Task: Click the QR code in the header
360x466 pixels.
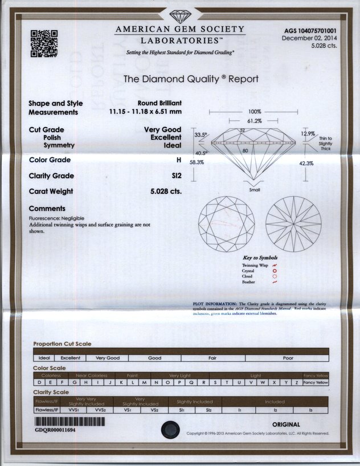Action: [44, 43]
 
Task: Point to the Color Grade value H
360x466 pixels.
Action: [178, 160]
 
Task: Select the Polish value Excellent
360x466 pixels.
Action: [166, 137]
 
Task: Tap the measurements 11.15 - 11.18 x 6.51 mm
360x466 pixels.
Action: [145, 112]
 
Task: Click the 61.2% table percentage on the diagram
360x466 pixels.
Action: [254, 121]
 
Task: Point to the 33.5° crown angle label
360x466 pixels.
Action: [202, 135]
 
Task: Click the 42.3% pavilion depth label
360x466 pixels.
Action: [322, 163]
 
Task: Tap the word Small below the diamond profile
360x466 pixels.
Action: [255, 190]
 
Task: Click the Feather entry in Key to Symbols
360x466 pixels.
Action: [248, 282]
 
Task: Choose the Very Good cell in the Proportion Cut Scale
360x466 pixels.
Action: [108, 358]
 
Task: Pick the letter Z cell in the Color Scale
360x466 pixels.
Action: [297, 382]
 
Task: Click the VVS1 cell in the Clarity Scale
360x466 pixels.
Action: [73, 408]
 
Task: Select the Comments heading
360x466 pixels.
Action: [47, 209]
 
